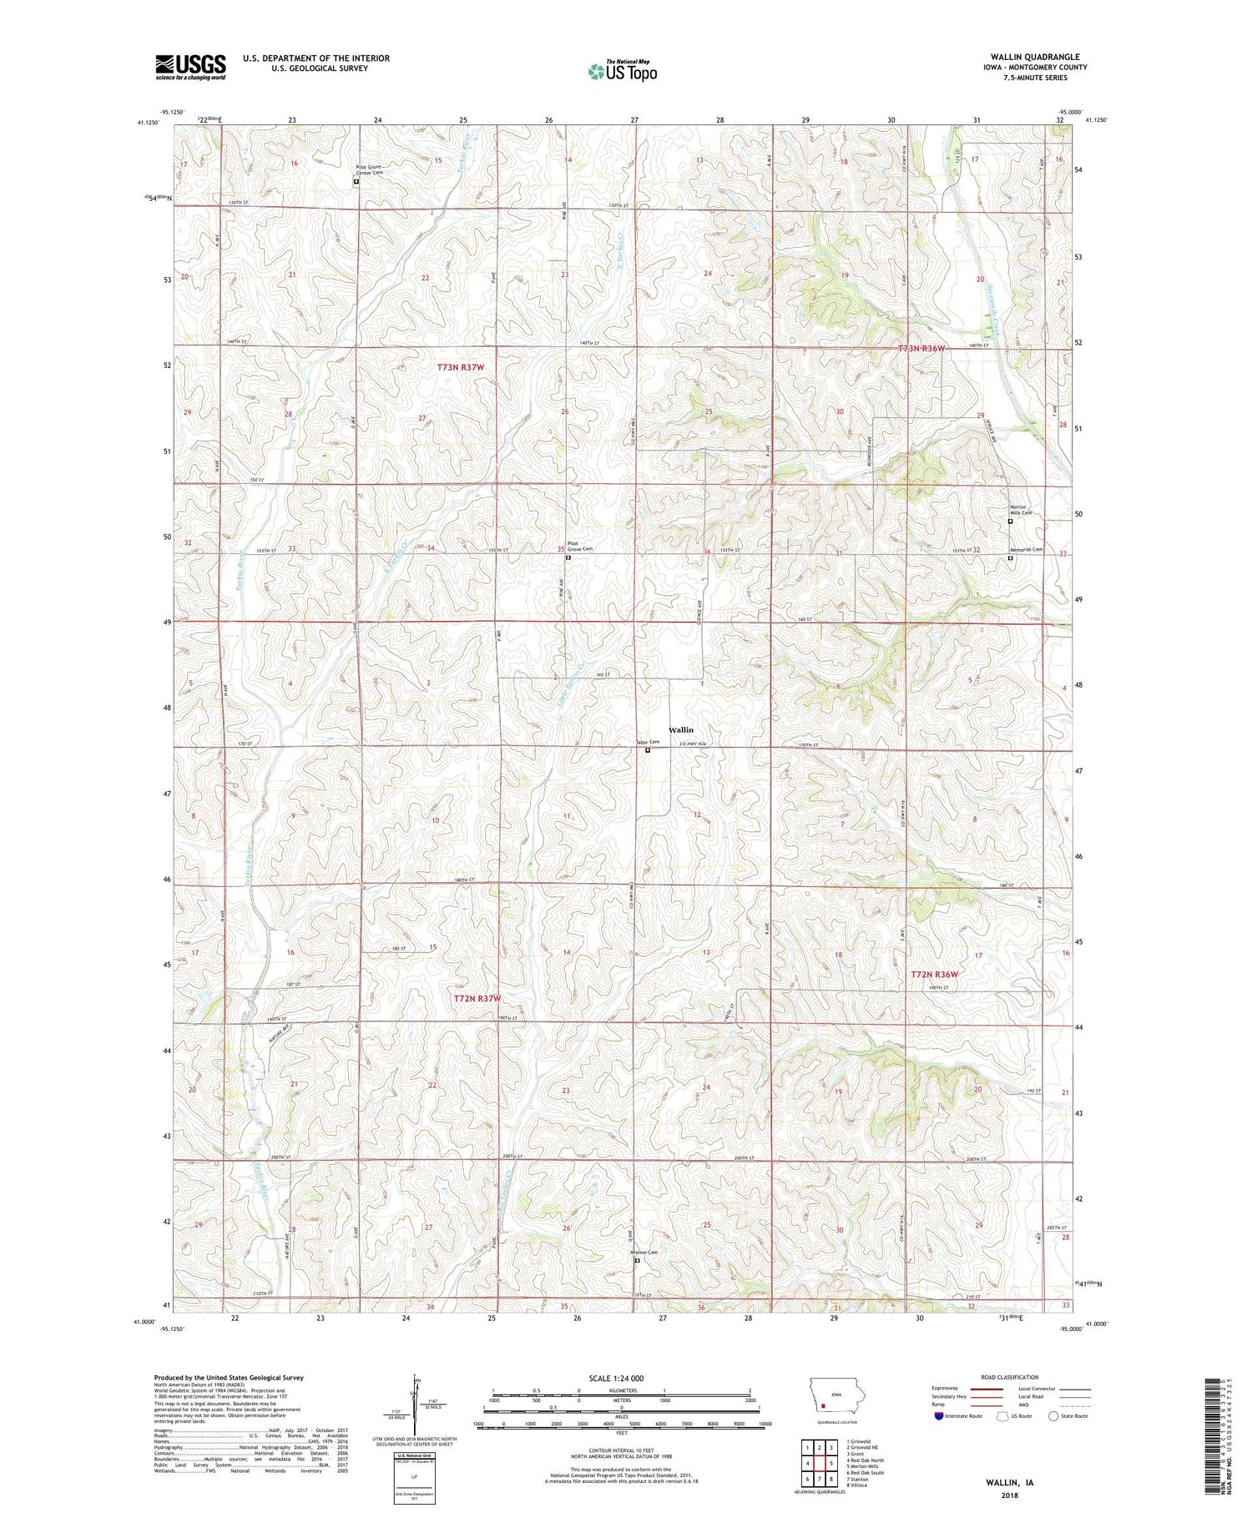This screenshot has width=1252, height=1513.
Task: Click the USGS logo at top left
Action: [x=190, y=67]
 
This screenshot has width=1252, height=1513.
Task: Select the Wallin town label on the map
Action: [x=680, y=729]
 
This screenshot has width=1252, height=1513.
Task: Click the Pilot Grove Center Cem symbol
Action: [x=356, y=181]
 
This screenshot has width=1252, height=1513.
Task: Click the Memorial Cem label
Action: [x=1027, y=549]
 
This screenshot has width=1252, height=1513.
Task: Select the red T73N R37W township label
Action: [x=461, y=366]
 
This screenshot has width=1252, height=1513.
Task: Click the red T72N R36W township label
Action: [x=934, y=974]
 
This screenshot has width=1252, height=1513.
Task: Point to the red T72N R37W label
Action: [x=477, y=998]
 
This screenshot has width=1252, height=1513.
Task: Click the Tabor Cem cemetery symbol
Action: [x=648, y=749]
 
